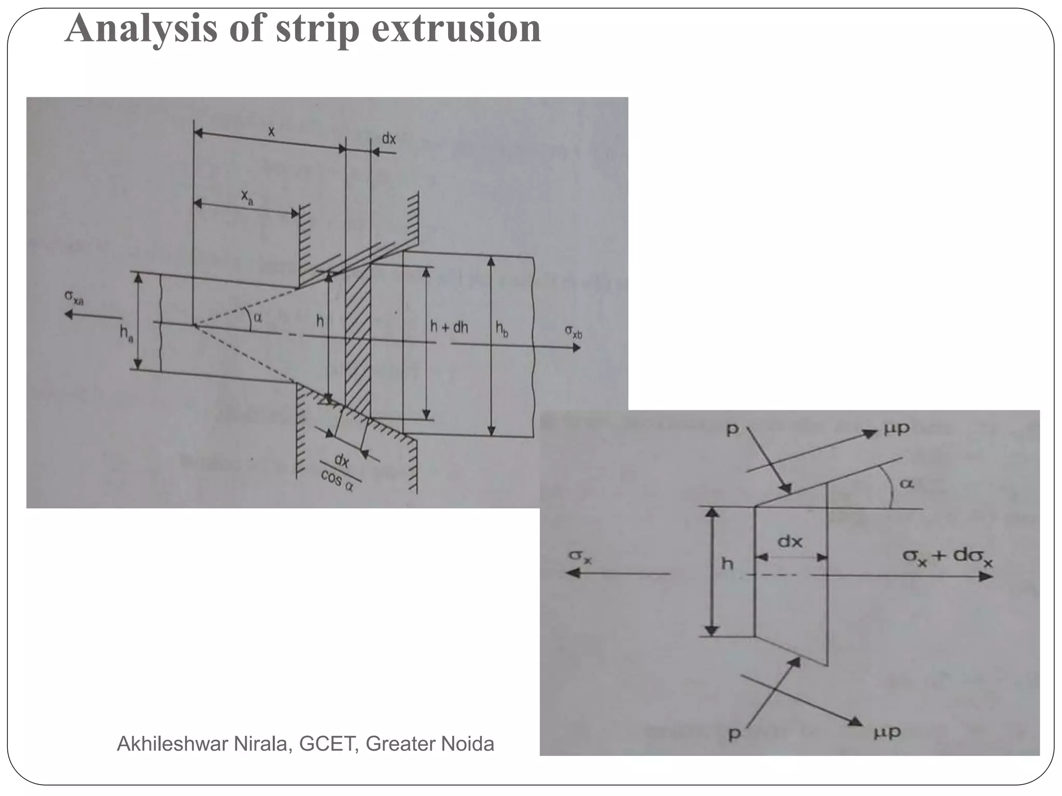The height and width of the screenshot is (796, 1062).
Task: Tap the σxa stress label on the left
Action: click(x=74, y=298)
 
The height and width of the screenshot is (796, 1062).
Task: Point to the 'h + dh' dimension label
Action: click(x=449, y=327)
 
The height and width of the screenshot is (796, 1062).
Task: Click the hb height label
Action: click(x=501, y=329)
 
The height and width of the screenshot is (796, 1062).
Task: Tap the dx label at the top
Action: click(x=389, y=138)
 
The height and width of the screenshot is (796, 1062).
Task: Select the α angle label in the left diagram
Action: click(x=258, y=318)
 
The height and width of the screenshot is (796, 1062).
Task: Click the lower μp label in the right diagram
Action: click(x=887, y=732)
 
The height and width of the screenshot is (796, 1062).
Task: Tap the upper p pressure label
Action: click(x=732, y=430)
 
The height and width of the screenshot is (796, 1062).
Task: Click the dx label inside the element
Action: click(x=790, y=542)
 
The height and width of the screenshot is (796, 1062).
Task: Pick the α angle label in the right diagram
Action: click(x=906, y=484)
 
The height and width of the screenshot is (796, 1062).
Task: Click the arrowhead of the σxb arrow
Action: click(x=576, y=348)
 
